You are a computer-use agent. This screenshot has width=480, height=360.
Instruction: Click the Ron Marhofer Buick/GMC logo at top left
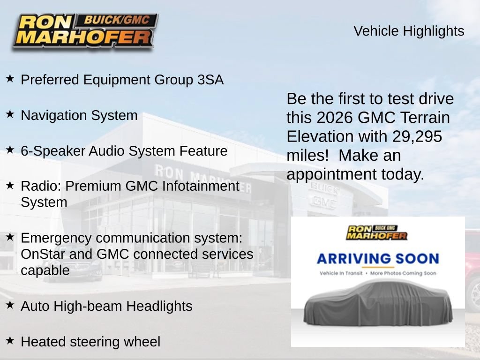click(85, 31)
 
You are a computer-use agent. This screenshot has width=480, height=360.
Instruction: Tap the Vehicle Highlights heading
click(409, 31)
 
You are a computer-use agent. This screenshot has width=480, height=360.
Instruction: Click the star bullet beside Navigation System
click(10, 114)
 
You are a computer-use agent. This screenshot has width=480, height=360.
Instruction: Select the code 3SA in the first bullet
click(210, 80)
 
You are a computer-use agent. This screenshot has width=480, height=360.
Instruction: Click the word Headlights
click(159, 306)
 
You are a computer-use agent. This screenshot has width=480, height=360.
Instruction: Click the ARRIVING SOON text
click(378, 259)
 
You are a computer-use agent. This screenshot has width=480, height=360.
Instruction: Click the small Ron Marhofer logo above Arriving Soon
click(376, 232)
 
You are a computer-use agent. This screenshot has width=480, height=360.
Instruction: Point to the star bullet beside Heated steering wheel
click(10, 340)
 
